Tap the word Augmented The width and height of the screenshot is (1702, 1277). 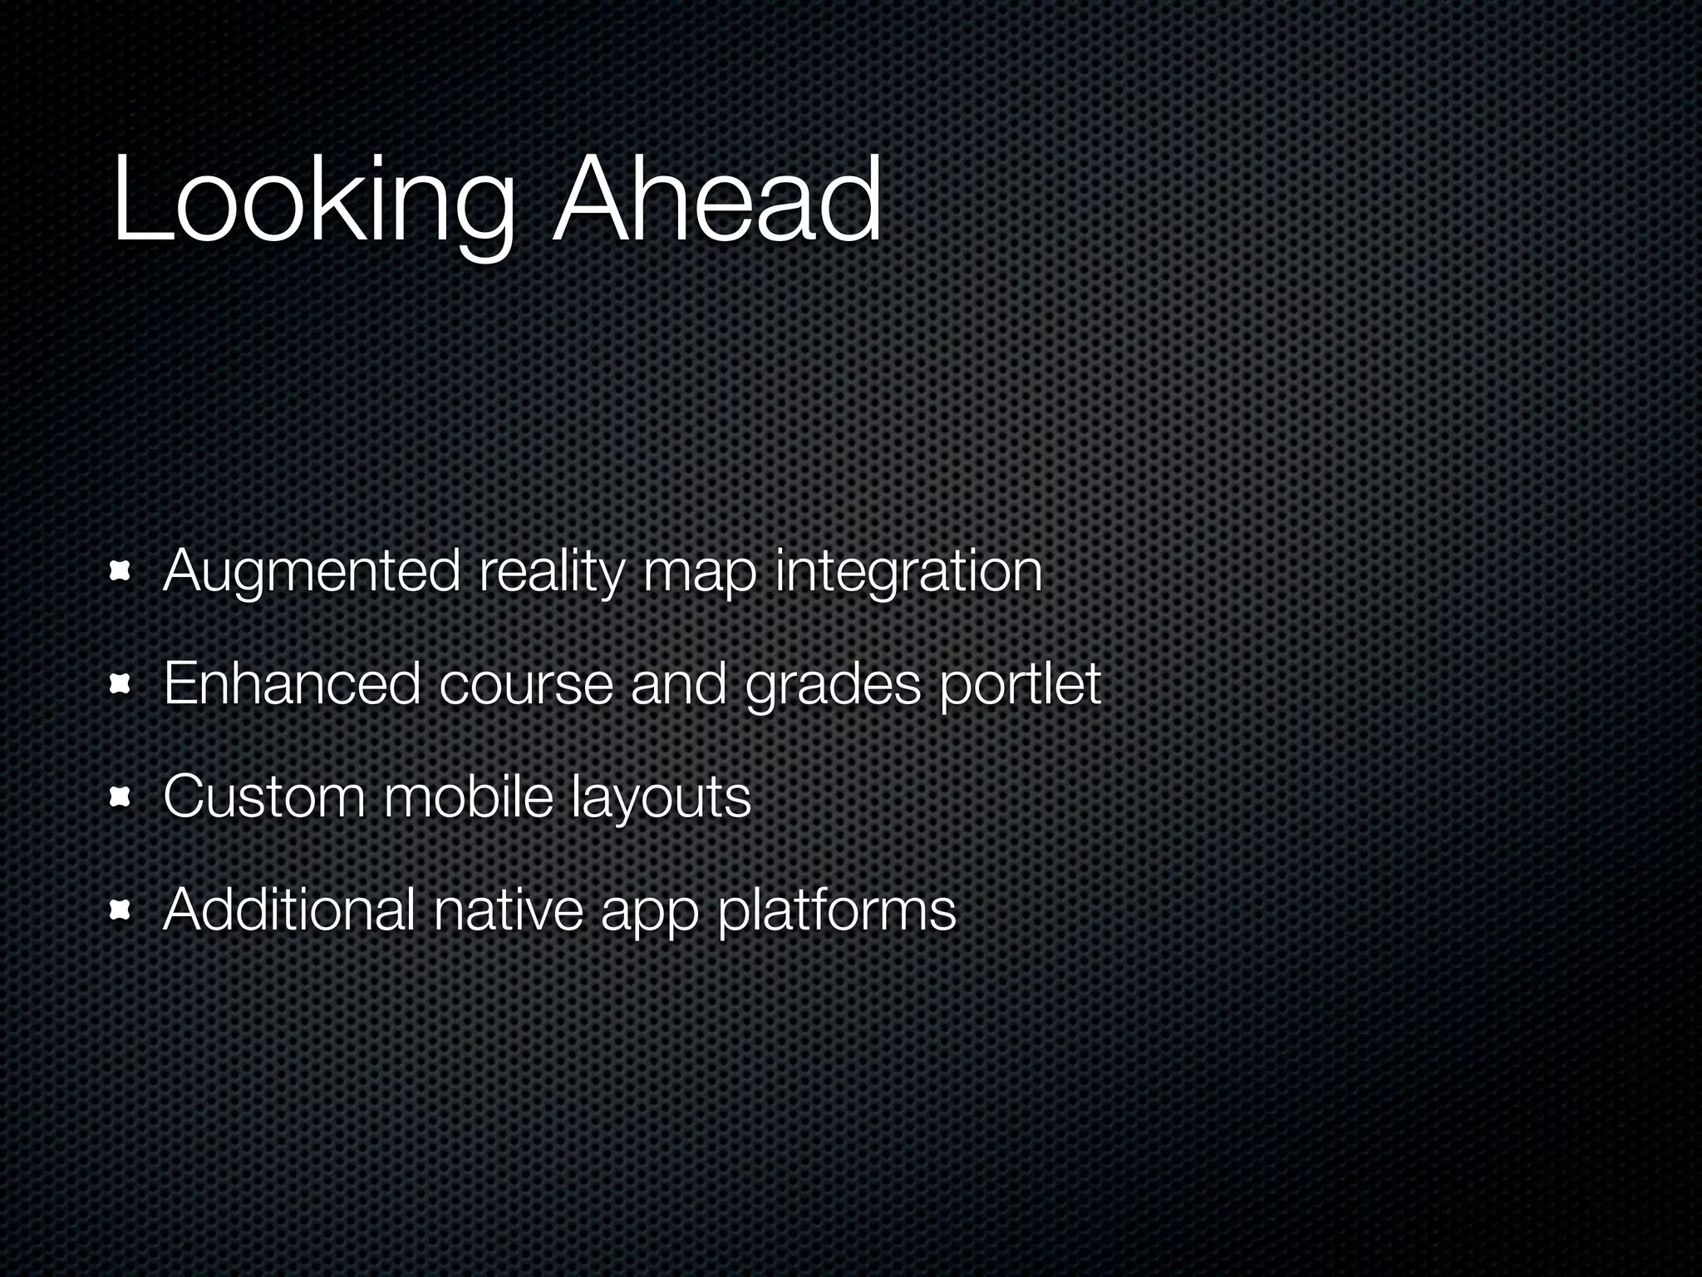(x=312, y=574)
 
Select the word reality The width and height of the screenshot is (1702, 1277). (x=550, y=574)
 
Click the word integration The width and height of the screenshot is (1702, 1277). (x=908, y=574)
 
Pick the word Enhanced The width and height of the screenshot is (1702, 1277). (x=292, y=683)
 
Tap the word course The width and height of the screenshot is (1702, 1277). (x=525, y=685)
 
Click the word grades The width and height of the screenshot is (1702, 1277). (x=834, y=685)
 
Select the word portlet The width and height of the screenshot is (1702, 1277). (x=1021, y=685)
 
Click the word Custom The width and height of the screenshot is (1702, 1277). (x=264, y=796)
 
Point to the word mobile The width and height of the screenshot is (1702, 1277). (x=468, y=796)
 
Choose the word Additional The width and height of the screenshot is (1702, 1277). (x=289, y=909)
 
